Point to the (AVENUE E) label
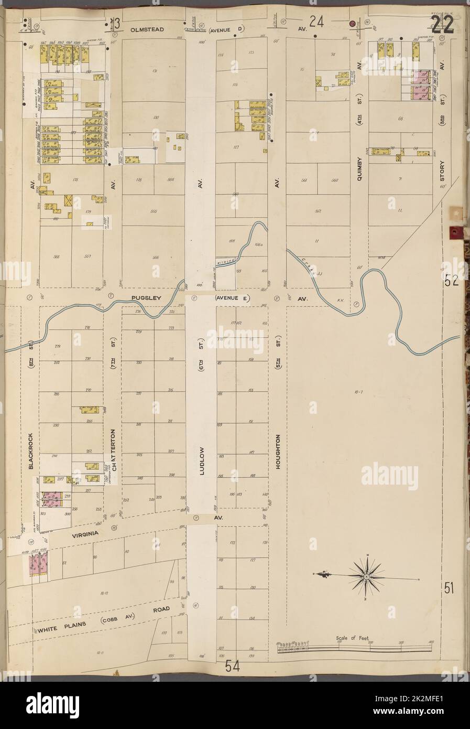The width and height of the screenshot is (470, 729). pyautogui.click(x=233, y=298)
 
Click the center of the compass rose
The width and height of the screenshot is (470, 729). pyautogui.click(x=367, y=577)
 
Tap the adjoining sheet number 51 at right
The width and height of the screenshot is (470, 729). pyautogui.click(x=449, y=588)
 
